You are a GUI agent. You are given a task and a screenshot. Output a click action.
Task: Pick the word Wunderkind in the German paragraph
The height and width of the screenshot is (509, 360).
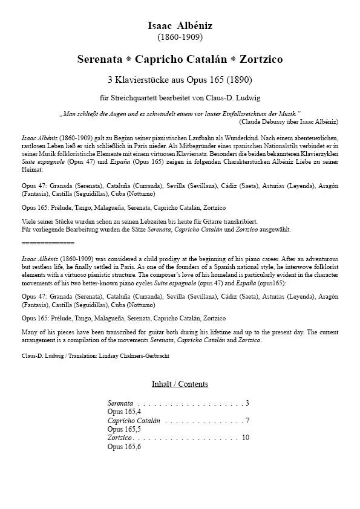[x=251, y=138]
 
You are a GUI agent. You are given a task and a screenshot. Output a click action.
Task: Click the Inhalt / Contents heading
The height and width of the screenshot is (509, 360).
[x=180, y=384]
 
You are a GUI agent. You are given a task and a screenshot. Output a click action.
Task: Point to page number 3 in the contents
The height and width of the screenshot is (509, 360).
[x=247, y=403]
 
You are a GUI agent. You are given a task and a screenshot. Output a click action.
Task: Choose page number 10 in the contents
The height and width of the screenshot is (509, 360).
[x=245, y=437]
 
